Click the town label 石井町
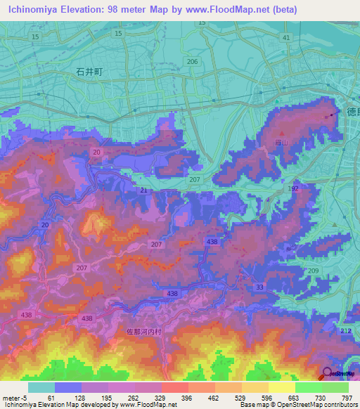point(89,71)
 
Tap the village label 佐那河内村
point(146,332)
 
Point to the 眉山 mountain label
point(281,142)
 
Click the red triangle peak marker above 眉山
point(282,133)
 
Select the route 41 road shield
point(285,37)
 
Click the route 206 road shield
point(193,62)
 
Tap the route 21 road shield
point(143,191)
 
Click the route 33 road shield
point(259,287)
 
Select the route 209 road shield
point(314,271)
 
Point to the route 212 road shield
point(345,330)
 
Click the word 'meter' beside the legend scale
point(9,398)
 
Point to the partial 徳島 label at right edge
point(353,111)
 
